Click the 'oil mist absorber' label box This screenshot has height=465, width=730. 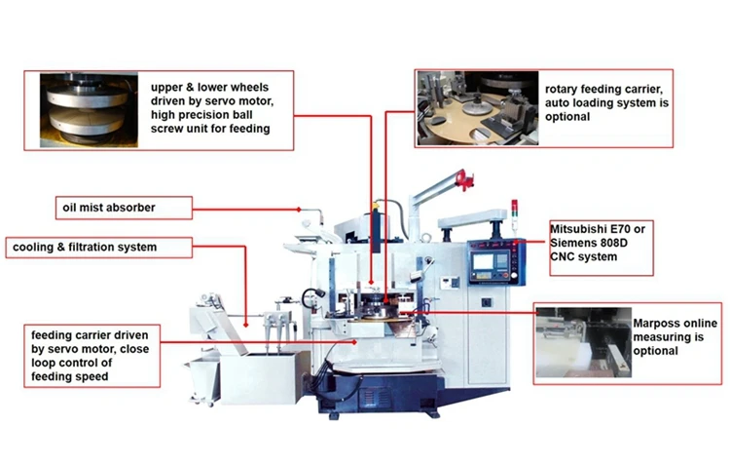tap(123, 208)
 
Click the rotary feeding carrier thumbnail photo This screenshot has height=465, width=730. tap(477, 108)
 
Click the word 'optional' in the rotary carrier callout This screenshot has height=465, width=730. tap(567, 116)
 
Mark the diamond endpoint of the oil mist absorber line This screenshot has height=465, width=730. tap(299, 208)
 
